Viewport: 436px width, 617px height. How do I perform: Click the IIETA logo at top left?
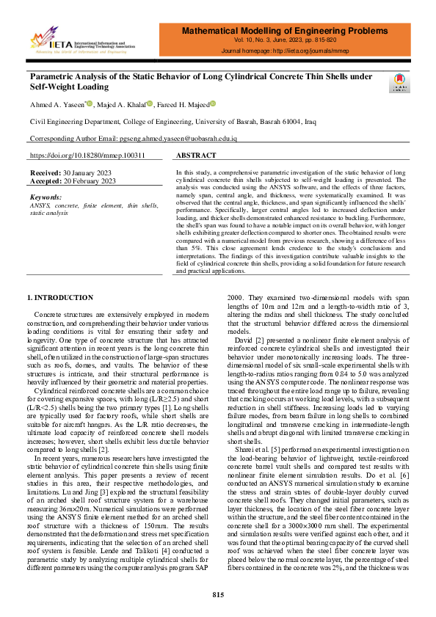pos(82,41)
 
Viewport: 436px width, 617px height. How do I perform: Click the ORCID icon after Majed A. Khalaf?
pos(150,104)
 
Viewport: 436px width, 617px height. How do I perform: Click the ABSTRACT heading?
pos(197,156)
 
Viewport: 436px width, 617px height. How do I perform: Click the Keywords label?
pos(46,197)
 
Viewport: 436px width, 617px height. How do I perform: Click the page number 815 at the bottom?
pos(218,594)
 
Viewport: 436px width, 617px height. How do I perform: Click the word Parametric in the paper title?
pos(53,76)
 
